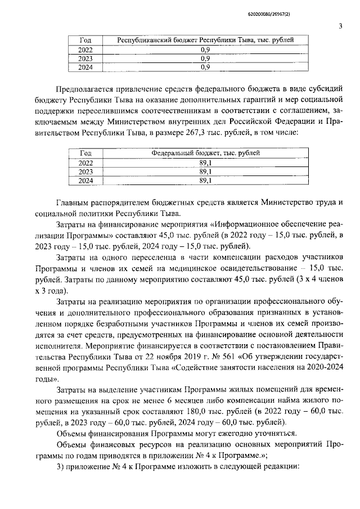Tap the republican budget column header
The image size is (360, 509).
(x=205, y=40)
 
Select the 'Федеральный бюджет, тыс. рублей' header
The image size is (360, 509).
(x=205, y=154)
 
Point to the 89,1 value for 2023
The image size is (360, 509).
(x=205, y=172)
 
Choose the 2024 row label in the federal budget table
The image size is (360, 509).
(x=85, y=181)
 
